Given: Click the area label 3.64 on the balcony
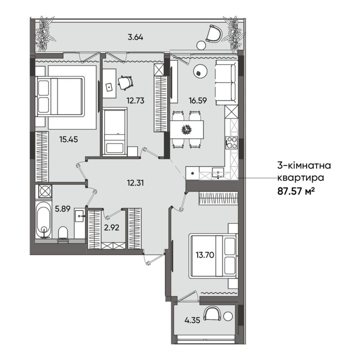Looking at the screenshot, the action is click(x=135, y=37).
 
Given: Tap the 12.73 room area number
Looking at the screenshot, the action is click(x=135, y=100).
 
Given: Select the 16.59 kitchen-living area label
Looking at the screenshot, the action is click(x=198, y=100).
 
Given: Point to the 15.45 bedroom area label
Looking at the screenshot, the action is click(x=68, y=139).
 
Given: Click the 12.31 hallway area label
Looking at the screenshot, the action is click(x=135, y=183).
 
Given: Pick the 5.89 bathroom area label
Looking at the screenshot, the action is click(x=63, y=209).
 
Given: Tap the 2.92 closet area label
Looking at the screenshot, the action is click(x=112, y=227).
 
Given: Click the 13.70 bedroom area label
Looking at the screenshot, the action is click(x=205, y=255).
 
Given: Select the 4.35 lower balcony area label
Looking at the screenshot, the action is click(x=192, y=320).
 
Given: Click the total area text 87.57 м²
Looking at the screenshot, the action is click(x=296, y=191).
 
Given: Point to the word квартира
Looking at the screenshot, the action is click(x=301, y=178).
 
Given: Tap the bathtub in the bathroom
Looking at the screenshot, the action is click(x=44, y=219).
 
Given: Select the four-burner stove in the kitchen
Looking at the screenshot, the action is click(x=232, y=143).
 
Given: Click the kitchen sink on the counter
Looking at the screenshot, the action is click(x=217, y=172).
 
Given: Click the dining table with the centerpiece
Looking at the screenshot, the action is click(x=187, y=129).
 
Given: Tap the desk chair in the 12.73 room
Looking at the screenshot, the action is click(x=126, y=82).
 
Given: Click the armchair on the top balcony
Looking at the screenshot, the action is click(x=214, y=34).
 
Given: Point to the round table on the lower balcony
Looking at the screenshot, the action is click(x=228, y=316).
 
